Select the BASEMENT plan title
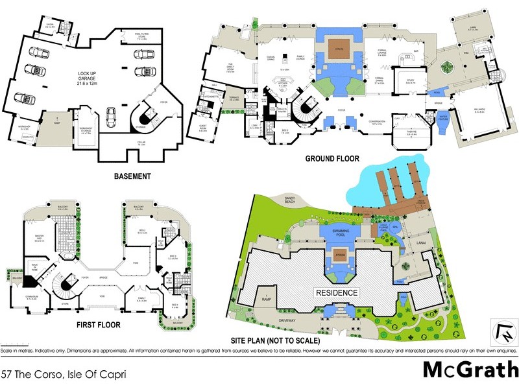coord(132,176)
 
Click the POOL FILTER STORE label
coord(143,38)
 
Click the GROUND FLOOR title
coord(332,159)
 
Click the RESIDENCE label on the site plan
coord(337,293)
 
